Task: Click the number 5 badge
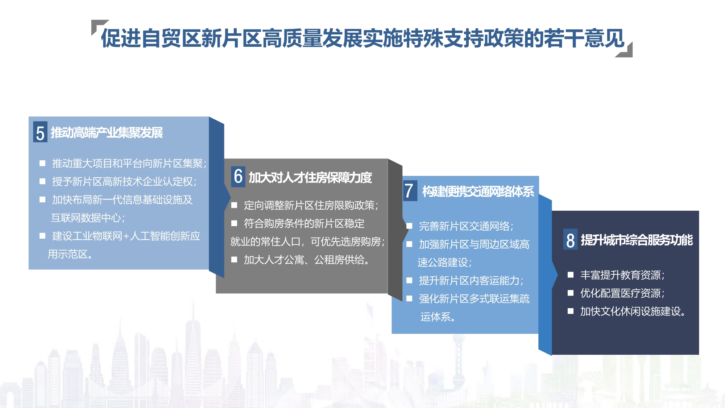(40, 132)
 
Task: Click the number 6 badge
(238, 177)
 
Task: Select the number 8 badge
(570, 239)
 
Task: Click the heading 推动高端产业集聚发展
(107, 133)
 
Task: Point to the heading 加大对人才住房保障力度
(310, 177)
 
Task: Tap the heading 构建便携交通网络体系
(478, 191)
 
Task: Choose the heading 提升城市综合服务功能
(637, 240)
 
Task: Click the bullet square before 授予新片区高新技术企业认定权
(42, 181)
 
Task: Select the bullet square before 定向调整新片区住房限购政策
(234, 205)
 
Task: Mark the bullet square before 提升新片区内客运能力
(409, 280)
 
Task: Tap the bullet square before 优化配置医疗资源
(571, 293)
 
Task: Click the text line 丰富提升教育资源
(622, 275)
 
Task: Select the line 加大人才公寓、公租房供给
(307, 260)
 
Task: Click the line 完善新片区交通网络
(466, 226)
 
